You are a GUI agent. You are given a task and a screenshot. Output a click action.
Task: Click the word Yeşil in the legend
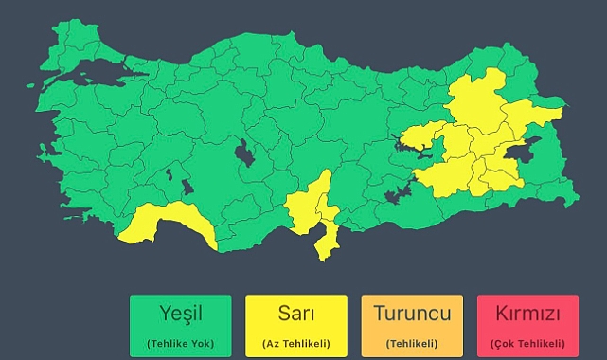coord(180,314)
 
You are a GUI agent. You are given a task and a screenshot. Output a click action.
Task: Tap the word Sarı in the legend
coord(295,314)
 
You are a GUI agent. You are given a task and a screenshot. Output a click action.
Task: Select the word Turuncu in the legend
coord(411,314)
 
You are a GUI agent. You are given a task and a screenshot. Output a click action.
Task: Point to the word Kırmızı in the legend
coord(527,314)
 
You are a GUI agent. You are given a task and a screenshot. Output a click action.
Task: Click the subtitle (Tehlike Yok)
coord(180,342)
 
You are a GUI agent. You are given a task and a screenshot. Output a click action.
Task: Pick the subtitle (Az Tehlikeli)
coord(295,342)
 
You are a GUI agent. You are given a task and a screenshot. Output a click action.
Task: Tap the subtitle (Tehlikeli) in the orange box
coord(411,342)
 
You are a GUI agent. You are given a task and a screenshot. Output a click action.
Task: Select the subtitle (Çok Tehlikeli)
coord(527,342)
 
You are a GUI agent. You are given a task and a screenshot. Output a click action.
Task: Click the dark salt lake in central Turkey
coord(244,153)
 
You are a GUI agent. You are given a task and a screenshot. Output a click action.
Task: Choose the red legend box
coord(527,325)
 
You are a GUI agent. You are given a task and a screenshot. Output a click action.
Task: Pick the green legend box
coord(180,325)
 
